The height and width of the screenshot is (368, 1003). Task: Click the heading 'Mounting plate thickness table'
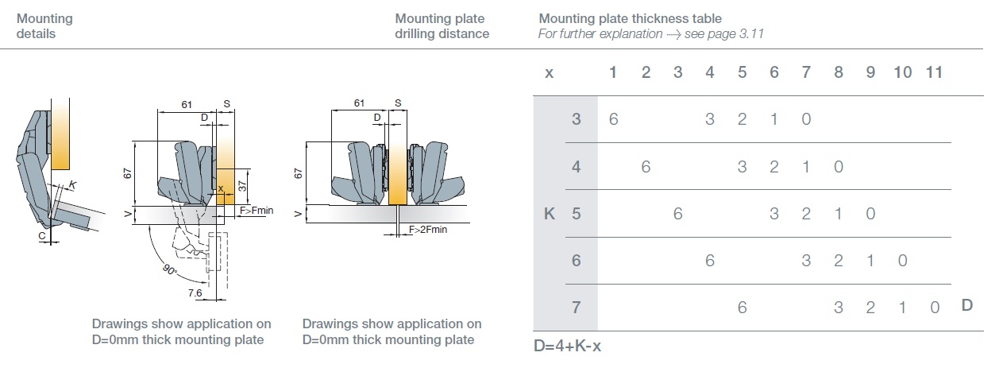(x=630, y=18)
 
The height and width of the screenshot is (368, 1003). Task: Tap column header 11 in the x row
(x=934, y=72)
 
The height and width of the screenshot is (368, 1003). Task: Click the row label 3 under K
(x=577, y=119)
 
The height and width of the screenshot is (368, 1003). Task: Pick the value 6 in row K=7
(x=742, y=307)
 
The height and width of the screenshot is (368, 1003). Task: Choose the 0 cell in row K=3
(x=806, y=119)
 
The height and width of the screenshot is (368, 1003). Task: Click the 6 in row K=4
(x=646, y=167)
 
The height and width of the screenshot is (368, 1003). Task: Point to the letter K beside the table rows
(x=549, y=214)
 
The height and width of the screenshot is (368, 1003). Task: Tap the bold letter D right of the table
(x=966, y=304)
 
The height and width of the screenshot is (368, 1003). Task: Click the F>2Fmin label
(x=428, y=229)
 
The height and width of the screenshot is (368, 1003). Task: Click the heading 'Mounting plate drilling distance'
(x=442, y=26)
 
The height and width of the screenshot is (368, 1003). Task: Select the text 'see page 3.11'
(x=725, y=34)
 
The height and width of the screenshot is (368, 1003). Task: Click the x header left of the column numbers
(x=549, y=73)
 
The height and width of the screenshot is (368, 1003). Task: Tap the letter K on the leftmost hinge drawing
(x=73, y=185)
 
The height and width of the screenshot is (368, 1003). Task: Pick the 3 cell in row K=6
(x=806, y=260)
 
